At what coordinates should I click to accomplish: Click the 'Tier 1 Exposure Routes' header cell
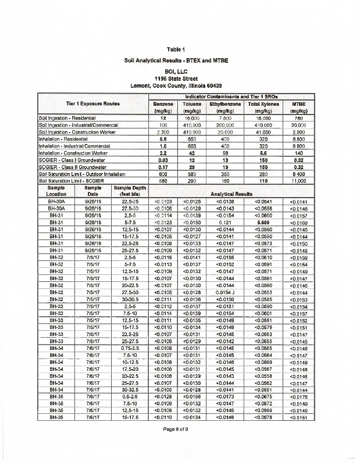pos(92,103)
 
